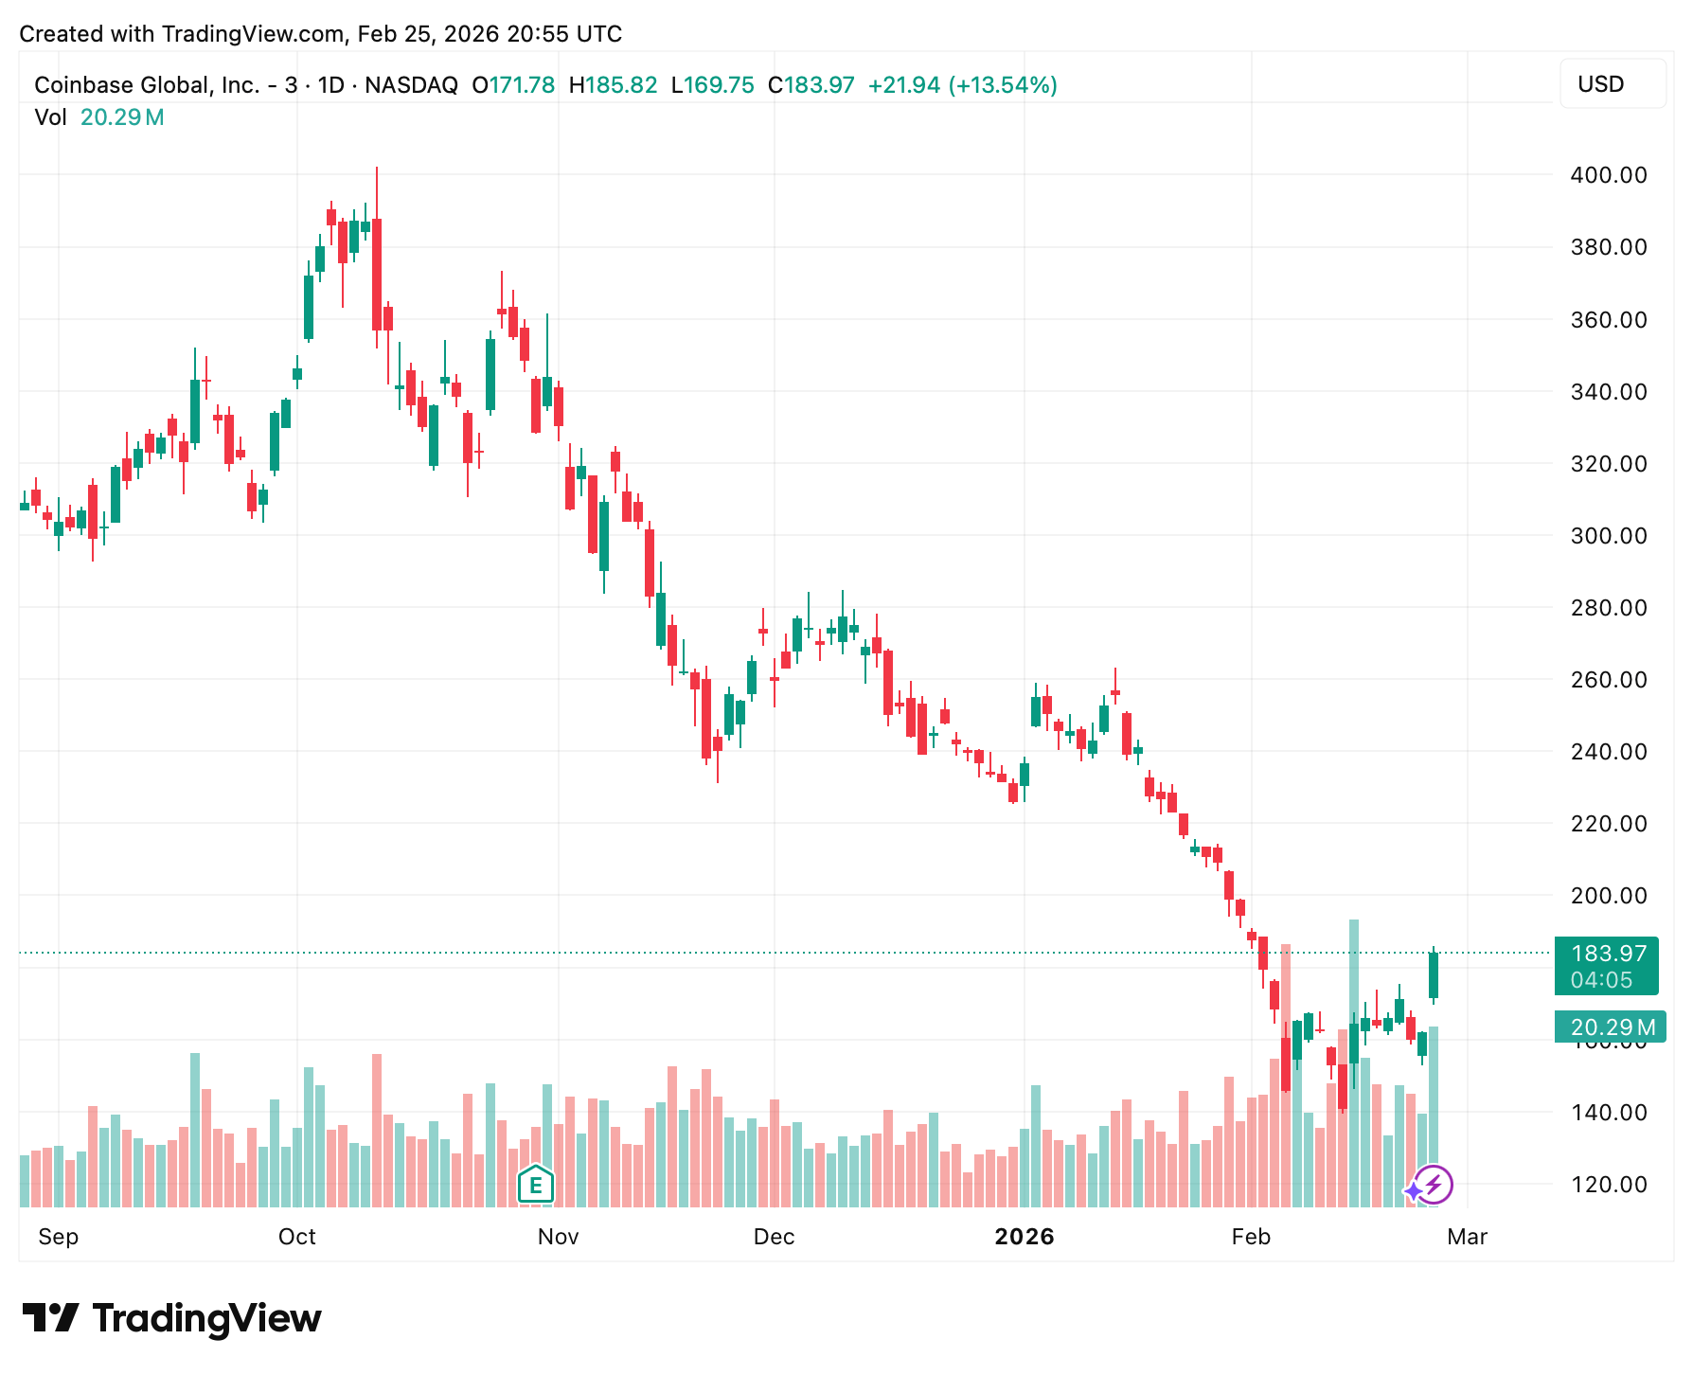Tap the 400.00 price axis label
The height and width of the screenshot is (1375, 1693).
point(1608,175)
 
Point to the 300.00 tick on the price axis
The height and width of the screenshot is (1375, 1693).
point(1608,536)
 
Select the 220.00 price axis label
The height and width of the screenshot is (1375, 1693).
point(1608,824)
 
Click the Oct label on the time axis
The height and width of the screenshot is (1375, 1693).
point(296,1237)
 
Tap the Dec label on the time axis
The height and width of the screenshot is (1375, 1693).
point(774,1237)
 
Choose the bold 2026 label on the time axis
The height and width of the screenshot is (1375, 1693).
point(1024,1237)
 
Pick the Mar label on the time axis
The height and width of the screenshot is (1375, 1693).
point(1467,1237)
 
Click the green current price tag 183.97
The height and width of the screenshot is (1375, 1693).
point(1607,966)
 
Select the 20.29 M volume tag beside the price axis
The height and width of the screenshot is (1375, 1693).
point(1611,1027)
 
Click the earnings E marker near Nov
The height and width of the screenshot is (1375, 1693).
point(536,1184)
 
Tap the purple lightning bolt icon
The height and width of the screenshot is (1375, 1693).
point(1434,1184)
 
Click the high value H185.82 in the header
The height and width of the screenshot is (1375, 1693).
point(613,85)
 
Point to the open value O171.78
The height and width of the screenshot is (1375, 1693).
point(513,85)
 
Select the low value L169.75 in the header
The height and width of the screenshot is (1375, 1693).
point(712,85)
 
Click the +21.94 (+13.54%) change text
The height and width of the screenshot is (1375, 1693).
point(962,85)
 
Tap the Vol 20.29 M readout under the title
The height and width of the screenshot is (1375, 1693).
point(99,117)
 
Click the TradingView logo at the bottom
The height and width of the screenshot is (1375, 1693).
point(171,1318)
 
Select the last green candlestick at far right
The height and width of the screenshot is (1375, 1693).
point(1434,975)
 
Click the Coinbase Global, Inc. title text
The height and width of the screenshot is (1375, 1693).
point(147,85)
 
